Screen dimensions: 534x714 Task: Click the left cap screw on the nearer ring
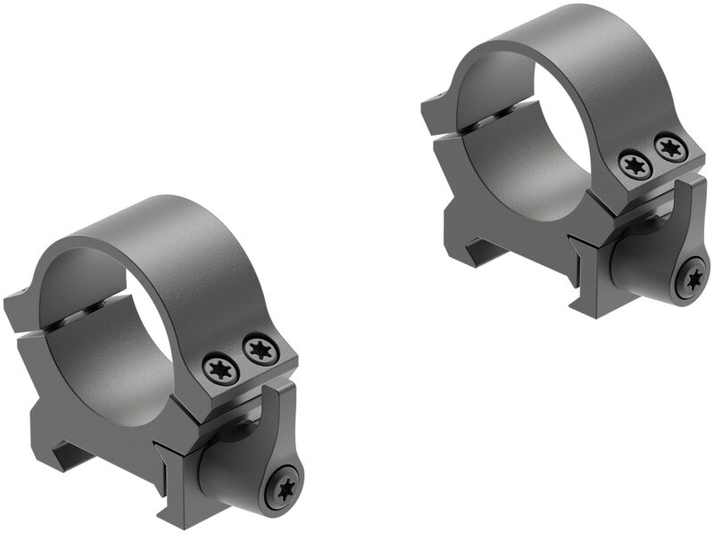[220, 368]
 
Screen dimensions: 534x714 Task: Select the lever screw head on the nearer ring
[285, 487]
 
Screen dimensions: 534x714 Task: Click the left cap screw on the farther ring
[635, 164]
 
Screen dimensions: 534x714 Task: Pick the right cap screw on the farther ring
[669, 147]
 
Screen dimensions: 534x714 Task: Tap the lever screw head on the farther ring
[693, 279]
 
